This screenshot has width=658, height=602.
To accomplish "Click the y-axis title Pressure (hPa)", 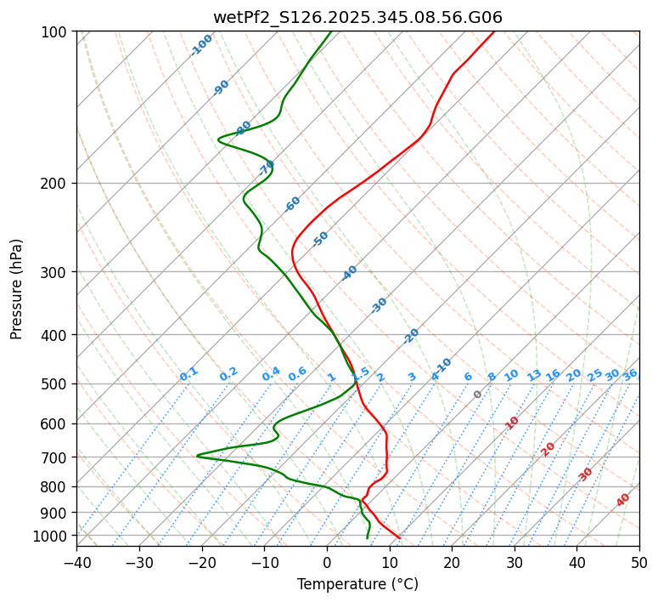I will coord(17,288).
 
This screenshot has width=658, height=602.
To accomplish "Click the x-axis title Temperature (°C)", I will coord(357,585).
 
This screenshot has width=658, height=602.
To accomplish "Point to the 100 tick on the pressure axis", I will coord(56,32).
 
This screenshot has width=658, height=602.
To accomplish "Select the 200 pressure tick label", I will coord(56,184).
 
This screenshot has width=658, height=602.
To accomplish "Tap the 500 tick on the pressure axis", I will coord(56,384).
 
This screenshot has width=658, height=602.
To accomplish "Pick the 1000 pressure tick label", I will coord(53,536).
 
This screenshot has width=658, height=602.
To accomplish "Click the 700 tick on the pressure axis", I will coord(56,457).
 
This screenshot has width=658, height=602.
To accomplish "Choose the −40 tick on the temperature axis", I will coord(76,562).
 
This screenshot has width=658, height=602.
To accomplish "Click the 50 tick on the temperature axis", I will coord(639,562).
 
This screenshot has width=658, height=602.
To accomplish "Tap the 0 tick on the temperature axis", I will coord(327,562).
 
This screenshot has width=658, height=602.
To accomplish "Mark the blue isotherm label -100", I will coord(201,45).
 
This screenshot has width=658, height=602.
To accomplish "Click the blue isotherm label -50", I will coord(320,239).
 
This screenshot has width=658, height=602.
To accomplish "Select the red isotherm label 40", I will coord(623,500).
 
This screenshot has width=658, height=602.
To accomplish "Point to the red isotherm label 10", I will coord(512,423).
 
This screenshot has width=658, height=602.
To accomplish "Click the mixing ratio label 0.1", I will coord(188,373).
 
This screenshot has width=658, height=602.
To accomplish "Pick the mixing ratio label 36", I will coord(630,374).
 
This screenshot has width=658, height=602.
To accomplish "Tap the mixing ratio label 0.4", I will coord(271,374).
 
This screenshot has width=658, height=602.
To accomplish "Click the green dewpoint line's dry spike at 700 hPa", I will coord(198,456).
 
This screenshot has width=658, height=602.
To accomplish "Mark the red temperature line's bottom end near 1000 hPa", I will coord(399,537).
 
